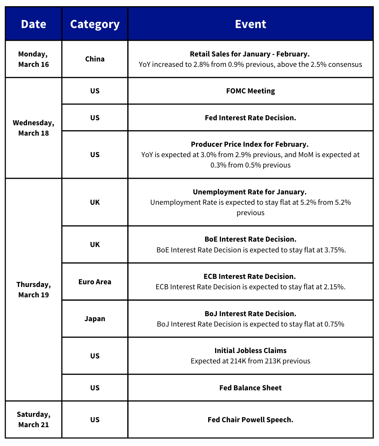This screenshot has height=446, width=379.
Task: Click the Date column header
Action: pos(33,24)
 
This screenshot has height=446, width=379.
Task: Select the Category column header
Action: pos(95,24)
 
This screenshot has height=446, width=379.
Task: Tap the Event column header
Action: pos(250,24)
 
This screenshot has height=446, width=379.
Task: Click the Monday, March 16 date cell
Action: pos(33,59)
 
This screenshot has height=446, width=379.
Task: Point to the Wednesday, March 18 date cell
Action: pos(33,128)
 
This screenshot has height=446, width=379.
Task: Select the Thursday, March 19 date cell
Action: pos(33,290)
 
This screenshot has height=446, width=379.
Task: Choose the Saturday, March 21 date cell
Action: pos(33,419)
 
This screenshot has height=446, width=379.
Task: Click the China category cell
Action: pos(95,59)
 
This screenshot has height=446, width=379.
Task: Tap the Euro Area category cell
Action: pos(95,282)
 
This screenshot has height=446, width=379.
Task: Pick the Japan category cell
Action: pos(95,319)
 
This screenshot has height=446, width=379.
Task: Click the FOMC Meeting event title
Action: pos(250,91)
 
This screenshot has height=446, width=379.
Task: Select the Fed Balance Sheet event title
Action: pos(250,388)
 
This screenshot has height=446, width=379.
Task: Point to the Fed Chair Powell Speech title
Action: pos(250,420)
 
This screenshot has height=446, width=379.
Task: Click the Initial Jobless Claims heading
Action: pos(250,351)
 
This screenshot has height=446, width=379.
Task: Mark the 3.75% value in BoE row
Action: pos(336,250)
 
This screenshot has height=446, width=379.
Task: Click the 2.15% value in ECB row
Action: pos(335,287)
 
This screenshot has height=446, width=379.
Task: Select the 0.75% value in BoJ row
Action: pos(334,324)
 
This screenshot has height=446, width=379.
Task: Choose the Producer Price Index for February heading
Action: pos(250,144)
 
